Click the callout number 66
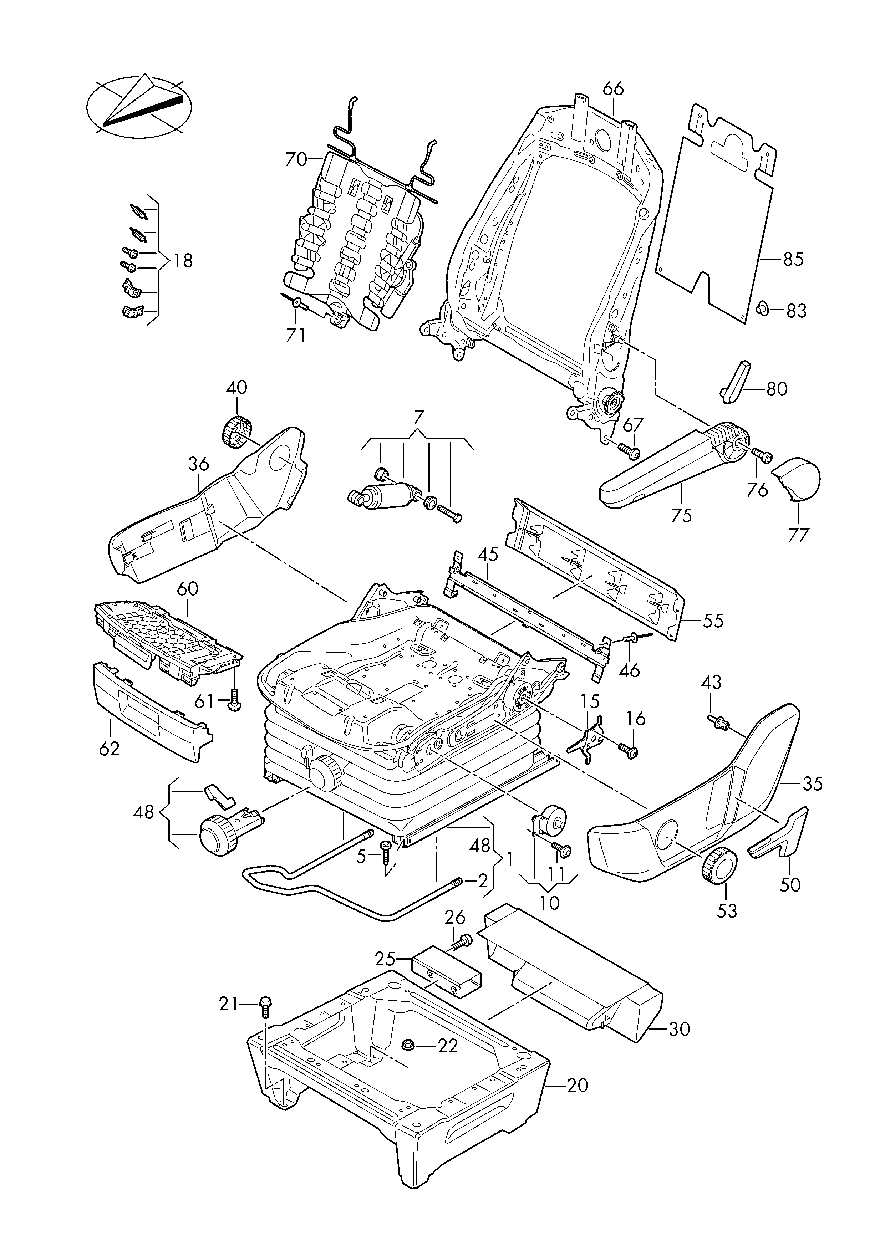tap(614, 89)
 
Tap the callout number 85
tap(793, 259)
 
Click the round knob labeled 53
tap(719, 880)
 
